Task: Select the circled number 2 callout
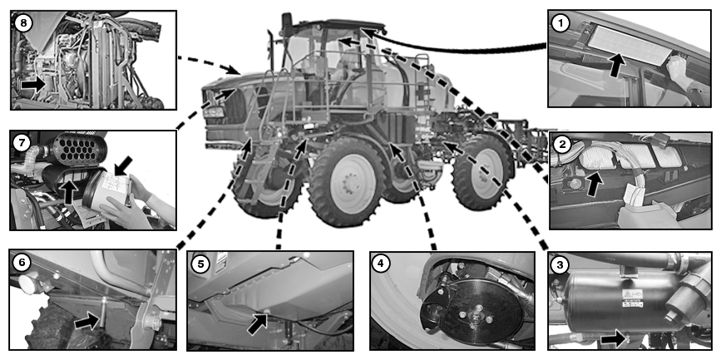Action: tap(563, 145)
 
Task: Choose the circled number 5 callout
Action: tap(200, 264)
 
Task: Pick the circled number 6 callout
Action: tap(22, 261)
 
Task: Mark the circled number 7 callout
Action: tap(23, 142)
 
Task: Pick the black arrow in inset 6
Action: tap(86, 318)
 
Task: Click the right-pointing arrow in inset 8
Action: tap(33, 84)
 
